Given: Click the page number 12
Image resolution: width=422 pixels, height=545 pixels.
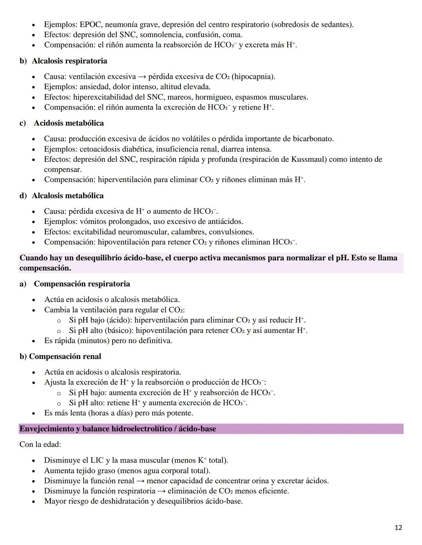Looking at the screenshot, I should point(398,528).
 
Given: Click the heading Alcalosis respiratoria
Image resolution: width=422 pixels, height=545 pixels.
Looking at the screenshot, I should point(69,61).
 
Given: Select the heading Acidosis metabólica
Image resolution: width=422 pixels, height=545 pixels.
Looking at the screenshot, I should point(69,123).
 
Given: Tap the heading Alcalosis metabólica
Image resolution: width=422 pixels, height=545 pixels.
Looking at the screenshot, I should point(68,196).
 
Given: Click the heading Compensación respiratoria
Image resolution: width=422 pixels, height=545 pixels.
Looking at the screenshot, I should point(82,284).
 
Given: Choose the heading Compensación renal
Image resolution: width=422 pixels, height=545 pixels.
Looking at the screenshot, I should point(65,357).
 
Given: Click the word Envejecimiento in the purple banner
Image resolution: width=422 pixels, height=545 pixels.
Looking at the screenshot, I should point(47,429).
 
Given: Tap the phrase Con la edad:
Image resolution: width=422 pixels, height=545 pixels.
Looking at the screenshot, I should point(40,445).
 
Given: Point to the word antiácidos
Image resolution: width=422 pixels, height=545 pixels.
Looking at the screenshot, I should point(223,222).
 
